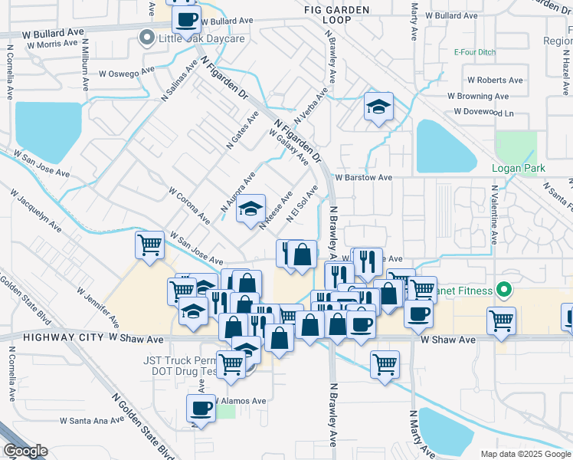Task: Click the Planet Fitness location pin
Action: point(503,290)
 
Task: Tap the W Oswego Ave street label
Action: point(127,74)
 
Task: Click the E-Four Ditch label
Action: point(474,53)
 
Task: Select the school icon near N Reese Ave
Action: point(250,209)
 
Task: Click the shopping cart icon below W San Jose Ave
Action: point(149,245)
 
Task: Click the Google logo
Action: point(25,451)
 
